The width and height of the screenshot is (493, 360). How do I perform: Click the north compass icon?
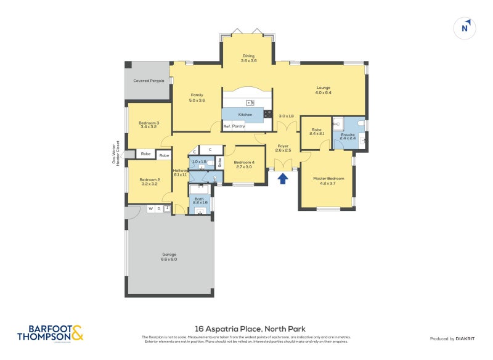tap(465, 28)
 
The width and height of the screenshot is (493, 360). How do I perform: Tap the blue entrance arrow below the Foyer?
tap(283, 179)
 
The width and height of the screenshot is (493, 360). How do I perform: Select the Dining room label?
tap(248, 59)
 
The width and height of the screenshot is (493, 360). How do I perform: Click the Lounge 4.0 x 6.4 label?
tap(324, 90)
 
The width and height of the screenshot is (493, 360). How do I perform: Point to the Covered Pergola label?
tap(147, 81)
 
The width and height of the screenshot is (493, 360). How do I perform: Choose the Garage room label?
tap(169, 256)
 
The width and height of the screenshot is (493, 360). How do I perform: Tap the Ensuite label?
tap(348, 136)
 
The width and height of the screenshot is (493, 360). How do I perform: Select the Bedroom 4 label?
tap(244, 164)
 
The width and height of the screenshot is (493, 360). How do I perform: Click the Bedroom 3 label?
tap(150, 125)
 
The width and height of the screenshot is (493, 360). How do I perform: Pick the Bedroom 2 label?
tap(150, 182)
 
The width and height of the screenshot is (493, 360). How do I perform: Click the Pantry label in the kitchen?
tap(238, 126)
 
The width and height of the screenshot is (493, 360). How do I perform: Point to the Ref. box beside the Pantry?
tap(227, 126)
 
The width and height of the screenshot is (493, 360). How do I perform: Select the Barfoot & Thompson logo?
tap(50, 333)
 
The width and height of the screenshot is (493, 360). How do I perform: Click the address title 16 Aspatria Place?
tap(246, 329)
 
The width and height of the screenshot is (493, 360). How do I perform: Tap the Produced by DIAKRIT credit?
tap(452, 339)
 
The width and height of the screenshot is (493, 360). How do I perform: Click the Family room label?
tap(197, 97)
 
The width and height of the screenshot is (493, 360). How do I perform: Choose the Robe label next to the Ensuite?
tap(316, 131)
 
